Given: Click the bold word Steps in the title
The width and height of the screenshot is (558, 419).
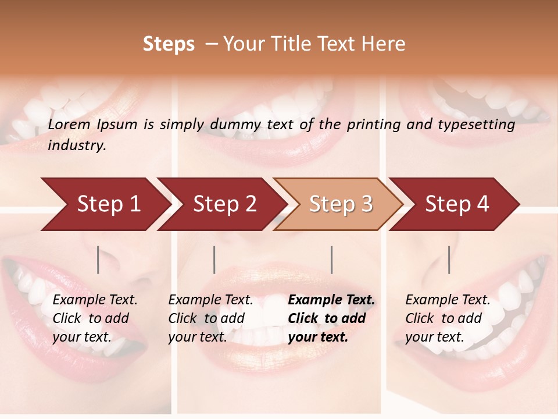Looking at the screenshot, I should coord(169,44).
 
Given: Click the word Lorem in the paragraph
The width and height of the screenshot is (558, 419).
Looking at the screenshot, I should coord(69,125).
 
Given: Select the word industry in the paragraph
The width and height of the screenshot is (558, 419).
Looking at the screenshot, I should coord(77,145).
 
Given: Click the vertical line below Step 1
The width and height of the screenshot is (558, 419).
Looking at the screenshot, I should coord(98,260).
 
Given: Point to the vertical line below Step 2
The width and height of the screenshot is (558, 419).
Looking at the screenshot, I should coord(214,260).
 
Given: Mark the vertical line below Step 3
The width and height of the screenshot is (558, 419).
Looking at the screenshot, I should coord(331,260).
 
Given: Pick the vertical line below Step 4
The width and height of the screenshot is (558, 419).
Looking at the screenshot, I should coord(449,260).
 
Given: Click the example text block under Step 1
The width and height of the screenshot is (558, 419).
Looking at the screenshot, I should coord(95,318).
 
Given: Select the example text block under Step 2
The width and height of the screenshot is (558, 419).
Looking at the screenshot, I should coord(210,318).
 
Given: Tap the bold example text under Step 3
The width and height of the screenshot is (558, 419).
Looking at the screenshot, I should coord(331,318).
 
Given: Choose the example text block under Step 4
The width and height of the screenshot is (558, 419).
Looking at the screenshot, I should coord(448,318).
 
